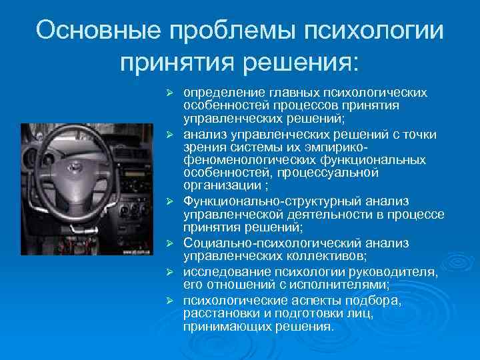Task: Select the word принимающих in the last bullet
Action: point(224,327)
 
